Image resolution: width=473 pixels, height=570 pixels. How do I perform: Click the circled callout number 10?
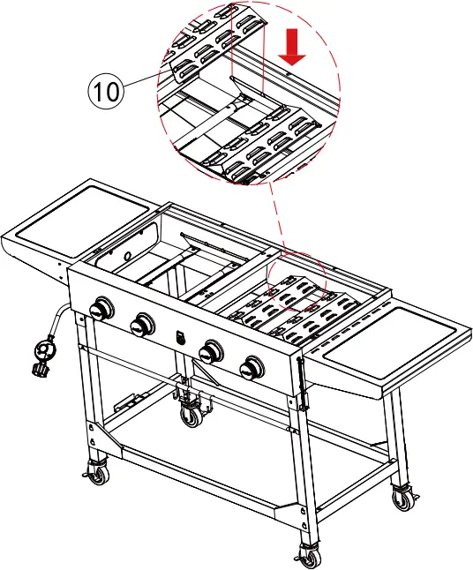[104, 92]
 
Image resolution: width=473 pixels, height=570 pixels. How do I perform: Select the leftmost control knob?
[102, 310]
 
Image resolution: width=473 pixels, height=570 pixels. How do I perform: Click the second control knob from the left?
[141, 325]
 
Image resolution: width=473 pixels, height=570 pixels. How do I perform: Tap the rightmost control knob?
[253, 365]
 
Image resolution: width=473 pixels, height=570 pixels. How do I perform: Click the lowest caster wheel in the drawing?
[308, 555]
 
